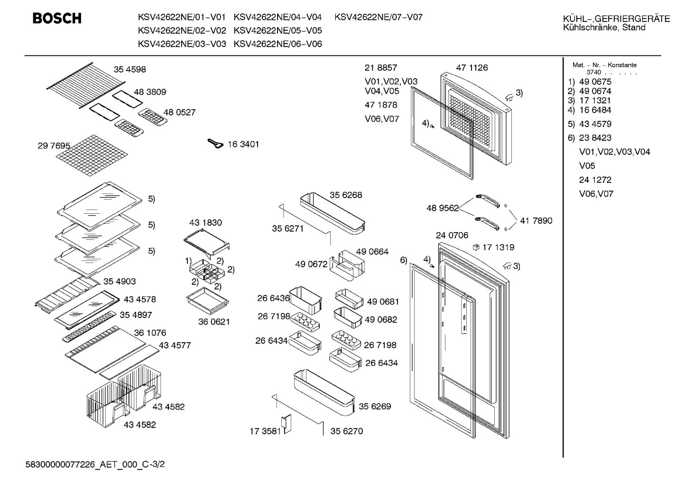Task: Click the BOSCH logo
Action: point(57,18)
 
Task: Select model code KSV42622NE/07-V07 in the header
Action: point(379,17)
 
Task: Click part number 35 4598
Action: point(130,69)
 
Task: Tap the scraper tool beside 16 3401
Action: point(215,144)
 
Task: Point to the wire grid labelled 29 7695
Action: point(92,155)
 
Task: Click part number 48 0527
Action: point(179,112)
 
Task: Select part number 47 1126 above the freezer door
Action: point(472,67)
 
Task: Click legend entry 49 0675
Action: point(595,82)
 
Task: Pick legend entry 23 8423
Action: point(595,137)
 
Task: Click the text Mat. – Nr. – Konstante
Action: point(604,65)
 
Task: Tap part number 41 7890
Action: point(536,220)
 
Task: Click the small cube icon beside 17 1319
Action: point(476,247)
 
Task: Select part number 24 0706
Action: point(452,235)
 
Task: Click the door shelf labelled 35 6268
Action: point(333,214)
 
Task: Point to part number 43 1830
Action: point(205,222)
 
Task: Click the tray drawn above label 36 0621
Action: point(207,301)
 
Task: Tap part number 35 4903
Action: point(120,282)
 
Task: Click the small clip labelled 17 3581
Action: point(287,424)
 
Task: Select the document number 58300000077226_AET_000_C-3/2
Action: point(95,465)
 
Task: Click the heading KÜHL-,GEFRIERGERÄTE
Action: point(617,19)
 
